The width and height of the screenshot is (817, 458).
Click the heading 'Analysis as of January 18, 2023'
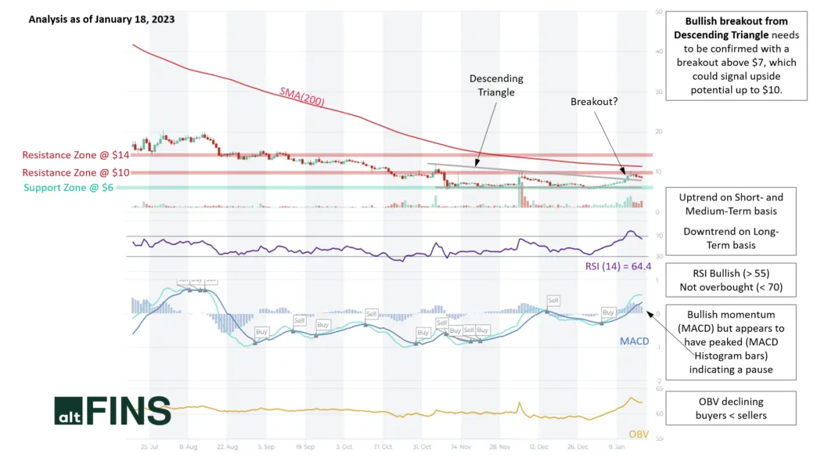tap(102, 19)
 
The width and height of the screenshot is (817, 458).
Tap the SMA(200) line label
tap(302, 96)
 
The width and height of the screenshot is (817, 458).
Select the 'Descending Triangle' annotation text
tap(496, 85)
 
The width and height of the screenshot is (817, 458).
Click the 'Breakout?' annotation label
tap(594, 102)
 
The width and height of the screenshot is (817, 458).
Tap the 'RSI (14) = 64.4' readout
tap(617, 266)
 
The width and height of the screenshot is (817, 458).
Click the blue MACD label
tap(634, 341)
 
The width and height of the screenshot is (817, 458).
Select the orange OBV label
tap(639, 433)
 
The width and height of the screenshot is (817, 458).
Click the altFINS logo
tap(112, 410)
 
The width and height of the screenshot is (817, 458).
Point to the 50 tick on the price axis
tap(660, 13)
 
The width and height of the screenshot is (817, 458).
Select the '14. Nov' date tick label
tap(460, 446)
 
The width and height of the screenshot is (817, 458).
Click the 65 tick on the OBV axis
tap(660, 388)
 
